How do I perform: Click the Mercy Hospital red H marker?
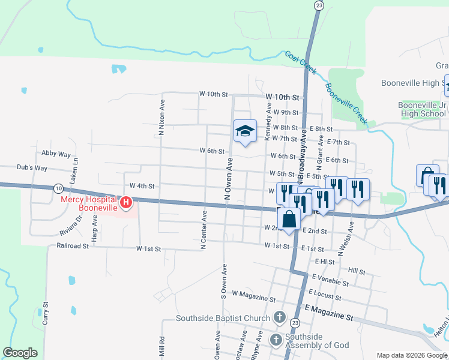126,203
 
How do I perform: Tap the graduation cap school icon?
245,130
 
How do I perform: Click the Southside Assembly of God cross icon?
276,340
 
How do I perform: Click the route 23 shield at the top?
319,5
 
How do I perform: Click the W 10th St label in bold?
283,97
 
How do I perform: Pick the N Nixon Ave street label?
161,117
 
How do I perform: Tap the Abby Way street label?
56,154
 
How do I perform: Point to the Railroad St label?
73,245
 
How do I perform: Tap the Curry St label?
45,314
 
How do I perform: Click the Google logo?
20,353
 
